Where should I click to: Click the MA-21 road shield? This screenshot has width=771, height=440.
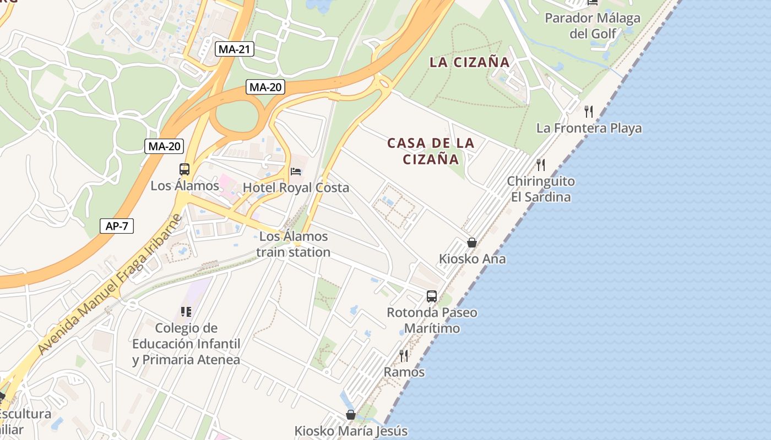click(235, 49)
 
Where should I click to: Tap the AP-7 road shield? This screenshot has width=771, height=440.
click(117, 226)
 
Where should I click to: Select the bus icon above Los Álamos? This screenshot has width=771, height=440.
click(184, 169)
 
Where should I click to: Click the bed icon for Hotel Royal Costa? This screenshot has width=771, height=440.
click(296, 172)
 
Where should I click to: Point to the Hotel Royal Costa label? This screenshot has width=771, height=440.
click(296, 188)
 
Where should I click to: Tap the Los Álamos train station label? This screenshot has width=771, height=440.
click(294, 244)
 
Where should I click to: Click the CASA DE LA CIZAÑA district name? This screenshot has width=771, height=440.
click(431, 151)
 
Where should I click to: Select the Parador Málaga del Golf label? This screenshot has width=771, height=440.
click(593, 26)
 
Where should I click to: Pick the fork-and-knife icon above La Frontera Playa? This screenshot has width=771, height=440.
click(589, 112)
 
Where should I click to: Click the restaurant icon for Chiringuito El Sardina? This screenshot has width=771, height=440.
click(541, 164)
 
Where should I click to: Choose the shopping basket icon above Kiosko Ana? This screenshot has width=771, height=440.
click(471, 243)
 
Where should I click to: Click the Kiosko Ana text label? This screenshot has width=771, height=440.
click(472, 258)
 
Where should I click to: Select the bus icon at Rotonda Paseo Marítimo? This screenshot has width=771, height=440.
click(432, 296)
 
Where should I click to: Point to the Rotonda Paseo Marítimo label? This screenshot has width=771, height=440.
click(432, 320)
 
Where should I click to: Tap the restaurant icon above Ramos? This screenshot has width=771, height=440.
click(404, 356)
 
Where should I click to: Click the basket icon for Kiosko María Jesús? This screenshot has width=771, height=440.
click(350, 415)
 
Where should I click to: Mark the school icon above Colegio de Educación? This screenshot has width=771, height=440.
click(186, 312)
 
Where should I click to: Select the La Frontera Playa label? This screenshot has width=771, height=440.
click(589, 128)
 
